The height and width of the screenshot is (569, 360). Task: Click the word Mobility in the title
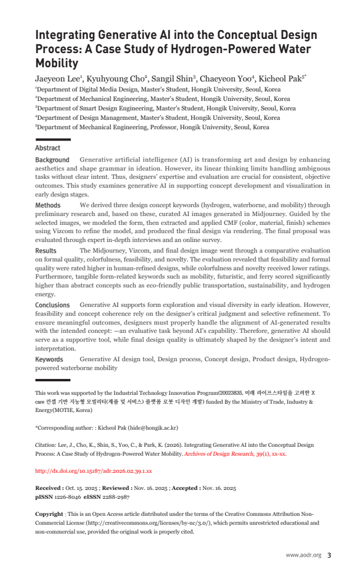click(57, 63)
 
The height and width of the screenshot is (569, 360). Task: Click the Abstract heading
click(48, 148)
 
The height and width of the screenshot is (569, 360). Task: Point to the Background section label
click(52, 160)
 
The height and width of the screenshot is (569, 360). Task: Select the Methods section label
click(48, 205)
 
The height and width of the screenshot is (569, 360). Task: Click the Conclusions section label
click(53, 305)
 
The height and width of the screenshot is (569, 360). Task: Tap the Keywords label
click(49, 359)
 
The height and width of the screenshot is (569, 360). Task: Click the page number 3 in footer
click(329, 555)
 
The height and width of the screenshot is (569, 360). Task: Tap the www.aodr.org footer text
click(303, 555)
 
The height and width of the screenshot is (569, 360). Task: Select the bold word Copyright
click(49, 514)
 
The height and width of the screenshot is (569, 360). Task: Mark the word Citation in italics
click(47, 444)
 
